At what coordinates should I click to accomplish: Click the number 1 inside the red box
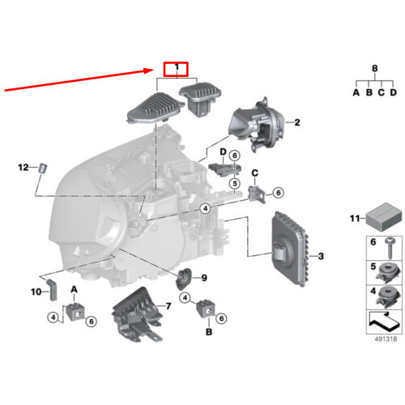[x=177, y=67]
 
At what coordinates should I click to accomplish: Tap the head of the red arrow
[x=153, y=70]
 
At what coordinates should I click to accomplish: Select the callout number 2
[x=297, y=122]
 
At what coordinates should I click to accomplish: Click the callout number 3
[x=321, y=256]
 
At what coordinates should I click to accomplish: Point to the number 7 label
[x=168, y=306]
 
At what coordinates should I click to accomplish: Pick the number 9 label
[x=204, y=278]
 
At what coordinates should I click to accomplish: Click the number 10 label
[x=36, y=292]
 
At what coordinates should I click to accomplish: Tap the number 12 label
[x=23, y=168]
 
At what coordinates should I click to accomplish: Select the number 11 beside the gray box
[x=355, y=218]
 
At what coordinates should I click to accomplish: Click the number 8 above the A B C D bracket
[x=375, y=68]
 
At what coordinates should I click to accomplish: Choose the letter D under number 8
[x=394, y=92]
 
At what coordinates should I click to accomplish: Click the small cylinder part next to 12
[x=43, y=168]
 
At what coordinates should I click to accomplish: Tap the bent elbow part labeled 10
[x=53, y=290]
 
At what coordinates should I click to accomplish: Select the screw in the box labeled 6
[x=390, y=248]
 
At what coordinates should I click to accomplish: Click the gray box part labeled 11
[x=384, y=217]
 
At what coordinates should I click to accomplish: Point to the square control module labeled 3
[x=289, y=249]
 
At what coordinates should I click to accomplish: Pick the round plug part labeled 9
[x=184, y=279]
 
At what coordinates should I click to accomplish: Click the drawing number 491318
[x=386, y=339]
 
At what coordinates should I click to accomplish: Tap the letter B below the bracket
[x=209, y=332]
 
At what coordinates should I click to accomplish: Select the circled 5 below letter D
[x=235, y=184]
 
